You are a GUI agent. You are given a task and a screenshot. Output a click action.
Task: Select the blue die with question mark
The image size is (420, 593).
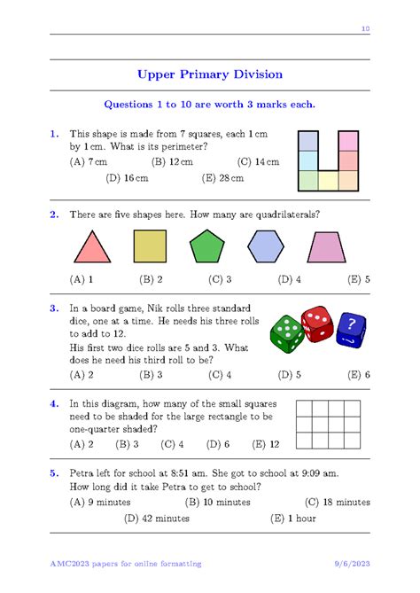pyautogui.click(x=351, y=331)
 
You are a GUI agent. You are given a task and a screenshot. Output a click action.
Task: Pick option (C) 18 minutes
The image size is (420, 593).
pyautogui.click(x=337, y=502)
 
